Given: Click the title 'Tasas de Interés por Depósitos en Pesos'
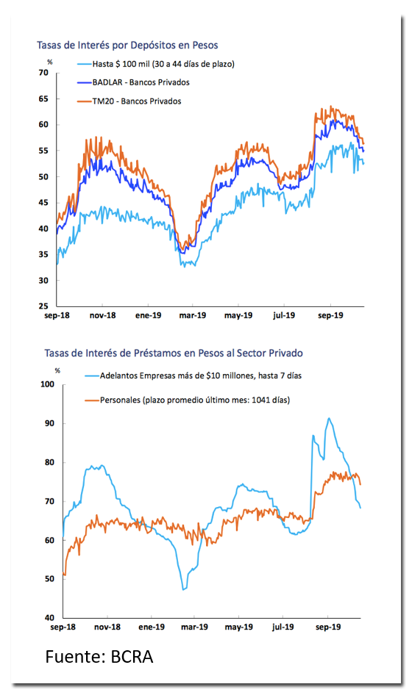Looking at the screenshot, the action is (x=127, y=46).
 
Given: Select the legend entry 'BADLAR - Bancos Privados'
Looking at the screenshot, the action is (x=141, y=82).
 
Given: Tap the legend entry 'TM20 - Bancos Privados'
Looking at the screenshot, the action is (x=137, y=101).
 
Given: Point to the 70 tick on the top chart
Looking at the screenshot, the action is (x=43, y=73).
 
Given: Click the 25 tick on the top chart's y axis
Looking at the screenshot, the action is (x=43, y=306).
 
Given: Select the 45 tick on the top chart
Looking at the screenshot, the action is (x=43, y=203).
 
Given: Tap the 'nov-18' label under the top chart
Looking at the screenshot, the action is (x=102, y=316).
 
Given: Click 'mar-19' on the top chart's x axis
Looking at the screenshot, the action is (x=193, y=316).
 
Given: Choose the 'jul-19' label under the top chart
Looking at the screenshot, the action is (x=283, y=316).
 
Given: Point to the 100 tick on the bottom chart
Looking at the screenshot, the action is (x=47, y=384).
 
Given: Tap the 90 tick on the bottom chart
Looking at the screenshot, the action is (x=49, y=423).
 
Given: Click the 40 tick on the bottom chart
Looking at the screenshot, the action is (x=49, y=618).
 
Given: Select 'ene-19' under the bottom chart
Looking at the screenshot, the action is (x=152, y=627).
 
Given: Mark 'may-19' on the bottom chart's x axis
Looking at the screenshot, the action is (x=239, y=627).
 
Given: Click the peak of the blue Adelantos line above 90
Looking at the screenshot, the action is (x=329, y=418).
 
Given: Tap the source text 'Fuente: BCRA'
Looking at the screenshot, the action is (x=99, y=657).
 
